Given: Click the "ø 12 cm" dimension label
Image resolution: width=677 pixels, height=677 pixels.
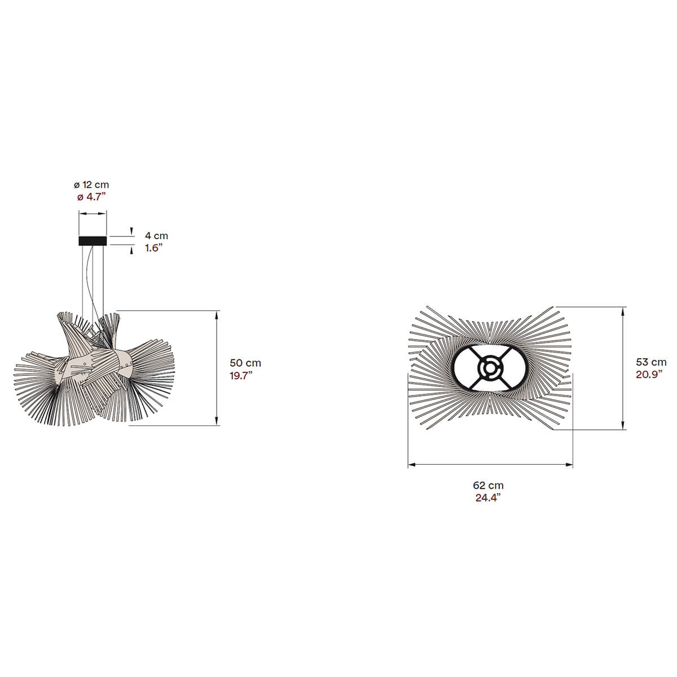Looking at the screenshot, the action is [x=91, y=185].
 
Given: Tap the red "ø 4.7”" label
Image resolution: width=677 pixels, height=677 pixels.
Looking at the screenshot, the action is [x=91, y=197].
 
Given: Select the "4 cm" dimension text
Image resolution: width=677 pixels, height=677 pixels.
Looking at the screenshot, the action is [x=156, y=236].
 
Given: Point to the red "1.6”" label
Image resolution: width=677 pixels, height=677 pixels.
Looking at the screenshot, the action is [x=154, y=248].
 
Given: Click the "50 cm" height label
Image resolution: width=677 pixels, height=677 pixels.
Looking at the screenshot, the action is [x=245, y=363].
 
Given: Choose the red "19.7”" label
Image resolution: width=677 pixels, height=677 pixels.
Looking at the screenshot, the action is [x=241, y=375].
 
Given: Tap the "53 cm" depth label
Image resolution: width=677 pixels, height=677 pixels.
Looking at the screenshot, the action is [x=651, y=362].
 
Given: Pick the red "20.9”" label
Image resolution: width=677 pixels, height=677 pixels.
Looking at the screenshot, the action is [x=649, y=374].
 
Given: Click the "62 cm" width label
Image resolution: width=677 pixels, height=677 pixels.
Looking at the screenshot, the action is [x=488, y=485].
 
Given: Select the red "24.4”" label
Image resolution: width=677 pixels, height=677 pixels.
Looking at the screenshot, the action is [x=488, y=498].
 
